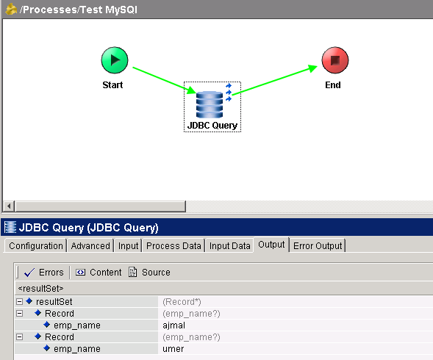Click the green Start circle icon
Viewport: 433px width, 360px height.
(115, 60)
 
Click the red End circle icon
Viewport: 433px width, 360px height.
(335, 60)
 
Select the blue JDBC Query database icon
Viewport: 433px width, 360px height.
(210, 104)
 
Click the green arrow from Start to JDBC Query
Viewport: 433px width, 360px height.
(165, 80)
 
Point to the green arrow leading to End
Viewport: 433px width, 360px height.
(275, 80)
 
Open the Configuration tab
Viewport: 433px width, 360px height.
(36, 245)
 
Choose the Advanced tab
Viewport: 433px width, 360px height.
(90, 245)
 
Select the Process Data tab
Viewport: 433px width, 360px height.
(173, 245)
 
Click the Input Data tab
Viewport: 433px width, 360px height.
(230, 245)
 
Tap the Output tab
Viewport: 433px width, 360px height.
(271, 245)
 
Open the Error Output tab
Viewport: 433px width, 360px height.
(318, 245)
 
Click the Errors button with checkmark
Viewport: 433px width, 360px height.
(43, 273)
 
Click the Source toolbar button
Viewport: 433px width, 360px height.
(149, 273)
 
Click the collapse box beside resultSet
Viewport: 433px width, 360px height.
(19, 301)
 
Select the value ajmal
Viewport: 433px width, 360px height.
(173, 325)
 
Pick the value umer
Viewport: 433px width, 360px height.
(173, 349)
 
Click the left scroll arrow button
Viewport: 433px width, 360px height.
(9, 206)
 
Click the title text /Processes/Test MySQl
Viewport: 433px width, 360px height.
(79, 10)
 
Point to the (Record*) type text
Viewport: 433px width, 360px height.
(182, 302)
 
